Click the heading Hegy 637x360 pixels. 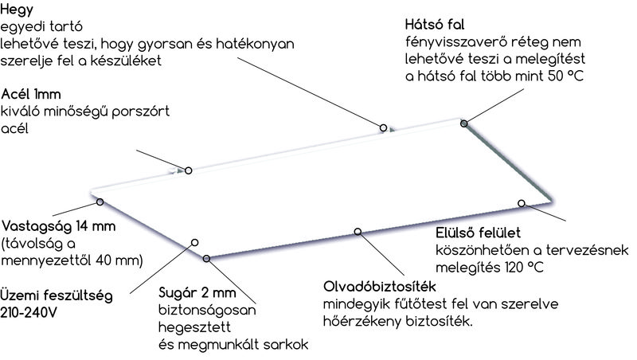[x=13, y=9]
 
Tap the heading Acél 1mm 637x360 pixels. [x=29, y=94]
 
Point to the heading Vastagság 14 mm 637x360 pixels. [x=59, y=227]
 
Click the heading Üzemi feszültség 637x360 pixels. [x=55, y=294]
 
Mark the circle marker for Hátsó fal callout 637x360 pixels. [x=463, y=122]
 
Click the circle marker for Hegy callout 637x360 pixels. [x=383, y=127]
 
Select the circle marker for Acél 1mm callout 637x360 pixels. [x=189, y=170]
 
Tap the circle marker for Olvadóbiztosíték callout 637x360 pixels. [x=358, y=232]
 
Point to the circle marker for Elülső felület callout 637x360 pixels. [x=522, y=203]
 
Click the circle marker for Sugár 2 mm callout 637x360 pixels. [x=207, y=257]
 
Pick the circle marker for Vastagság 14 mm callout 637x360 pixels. [x=100, y=202]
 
